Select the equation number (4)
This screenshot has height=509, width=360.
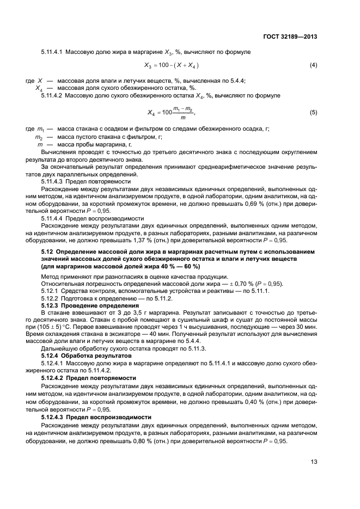[313, 65]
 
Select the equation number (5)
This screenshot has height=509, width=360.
[313, 112]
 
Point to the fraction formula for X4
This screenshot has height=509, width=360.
[170, 112]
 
